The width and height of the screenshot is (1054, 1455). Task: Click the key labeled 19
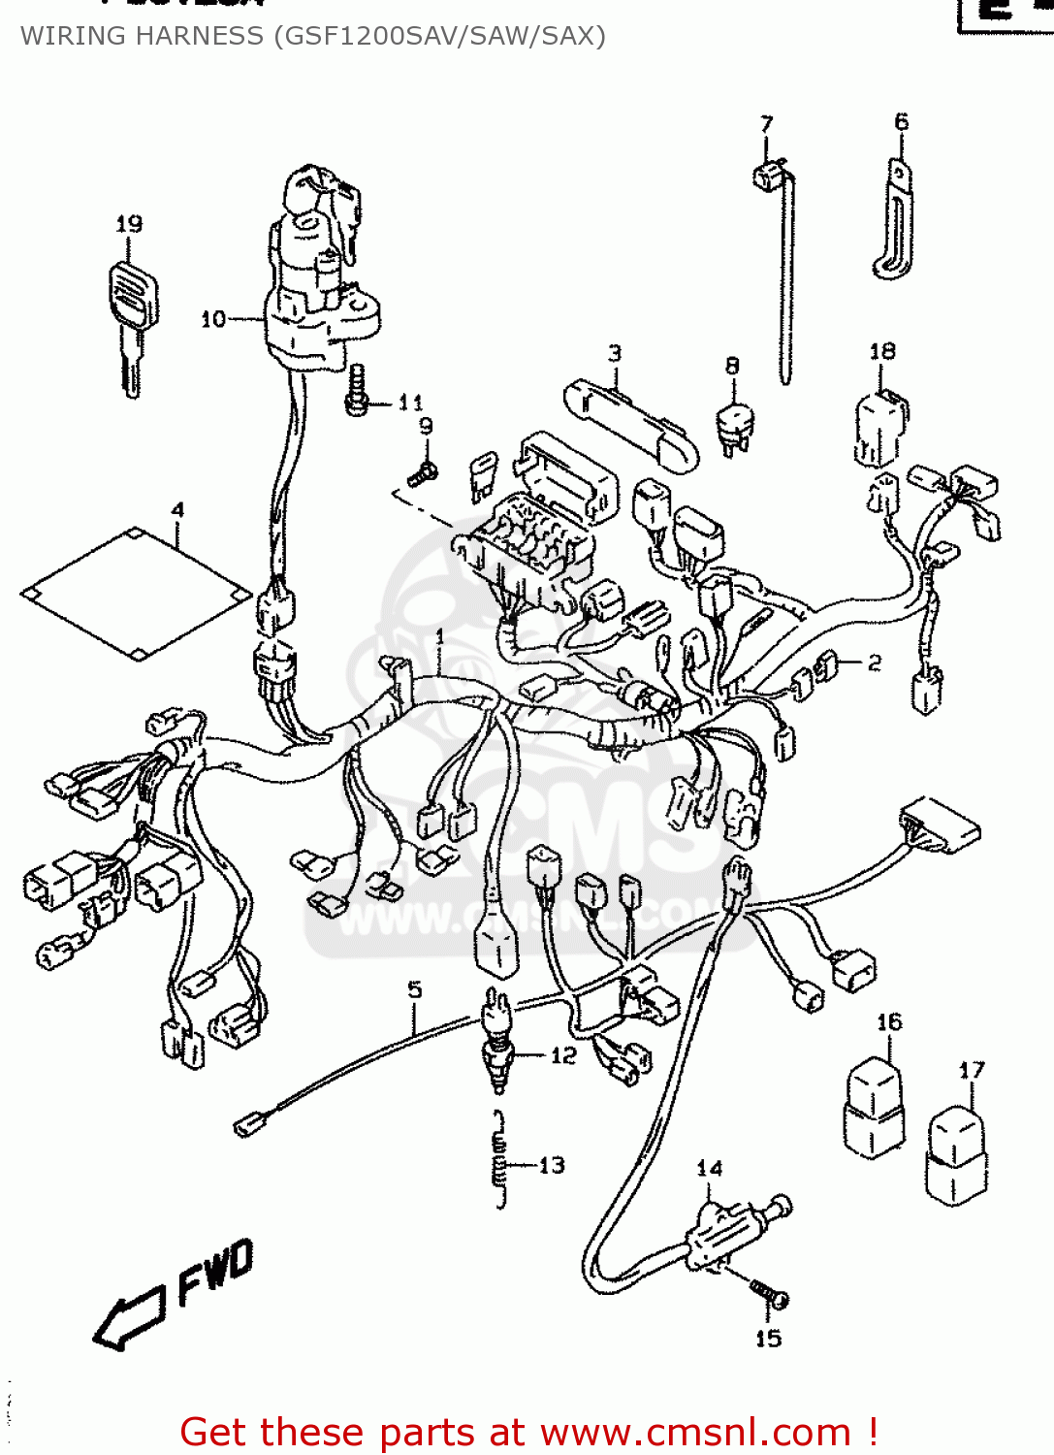click(x=132, y=310)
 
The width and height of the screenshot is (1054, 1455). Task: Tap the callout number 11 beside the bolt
click(x=411, y=403)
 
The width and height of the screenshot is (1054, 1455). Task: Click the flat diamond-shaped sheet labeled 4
click(x=137, y=593)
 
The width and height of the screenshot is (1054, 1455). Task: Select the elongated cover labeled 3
click(x=630, y=423)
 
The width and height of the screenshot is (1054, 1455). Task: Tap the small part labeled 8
click(x=735, y=425)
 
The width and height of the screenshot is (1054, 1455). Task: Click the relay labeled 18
click(x=880, y=427)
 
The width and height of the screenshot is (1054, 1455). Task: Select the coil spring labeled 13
click(x=499, y=1160)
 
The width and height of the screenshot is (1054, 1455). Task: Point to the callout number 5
click(x=415, y=990)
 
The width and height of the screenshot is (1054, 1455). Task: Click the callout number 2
click(x=875, y=663)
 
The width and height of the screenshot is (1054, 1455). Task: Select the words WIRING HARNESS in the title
click(x=142, y=36)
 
